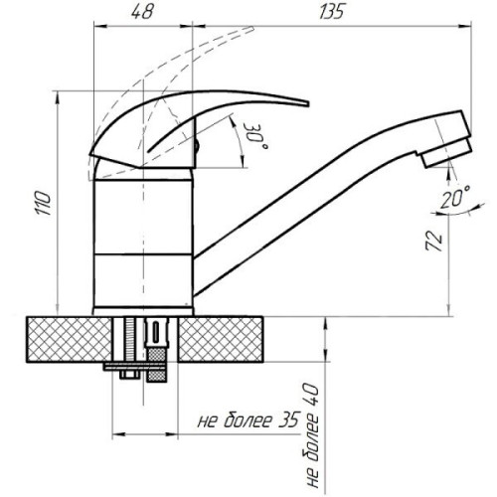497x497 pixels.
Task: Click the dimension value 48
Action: coord(143,12)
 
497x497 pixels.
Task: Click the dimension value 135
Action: coord(332,12)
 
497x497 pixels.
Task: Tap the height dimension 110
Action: coord(44,203)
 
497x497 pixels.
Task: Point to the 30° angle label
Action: coord(255,136)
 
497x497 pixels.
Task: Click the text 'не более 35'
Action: coord(248,420)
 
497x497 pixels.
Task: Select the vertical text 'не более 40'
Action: coord(311,435)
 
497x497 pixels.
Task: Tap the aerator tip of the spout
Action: coord(446,152)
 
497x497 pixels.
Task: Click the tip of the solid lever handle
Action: coord(308,103)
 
